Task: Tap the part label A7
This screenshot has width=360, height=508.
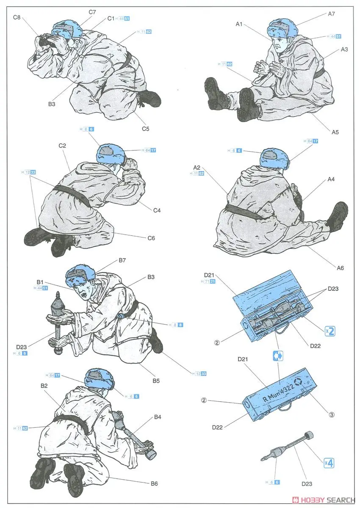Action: [332, 14]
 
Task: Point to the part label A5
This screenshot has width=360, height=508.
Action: [335, 132]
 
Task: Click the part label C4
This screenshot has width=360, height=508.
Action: [157, 210]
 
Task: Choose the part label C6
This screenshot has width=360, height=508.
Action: [151, 238]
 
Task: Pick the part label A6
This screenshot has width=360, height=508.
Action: [341, 268]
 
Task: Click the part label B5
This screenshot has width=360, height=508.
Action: [156, 381]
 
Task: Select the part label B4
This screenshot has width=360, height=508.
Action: [158, 417]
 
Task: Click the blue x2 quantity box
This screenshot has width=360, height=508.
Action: [330, 331]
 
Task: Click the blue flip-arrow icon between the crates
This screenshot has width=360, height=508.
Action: [278, 356]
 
